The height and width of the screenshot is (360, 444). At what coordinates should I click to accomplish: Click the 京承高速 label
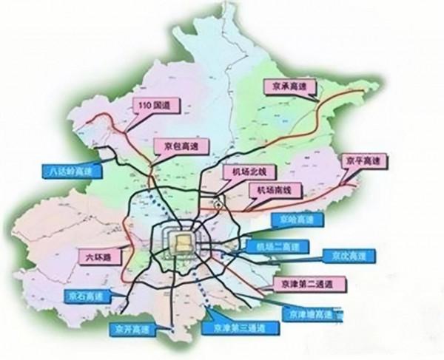[290, 86]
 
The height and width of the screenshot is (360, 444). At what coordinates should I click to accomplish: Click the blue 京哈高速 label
[294, 219]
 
